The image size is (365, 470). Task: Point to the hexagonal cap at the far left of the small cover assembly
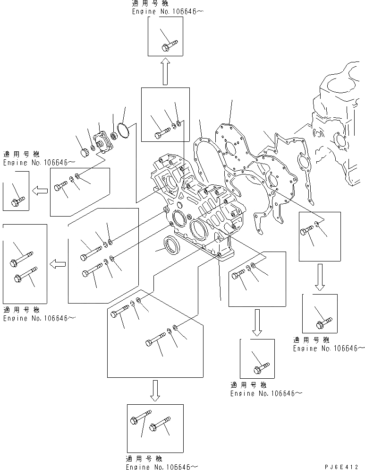tap(85, 152)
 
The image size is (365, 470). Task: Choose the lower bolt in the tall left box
tap(24, 275)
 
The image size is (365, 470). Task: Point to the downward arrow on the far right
tap(320, 277)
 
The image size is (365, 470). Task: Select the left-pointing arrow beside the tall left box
tap(58, 263)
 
